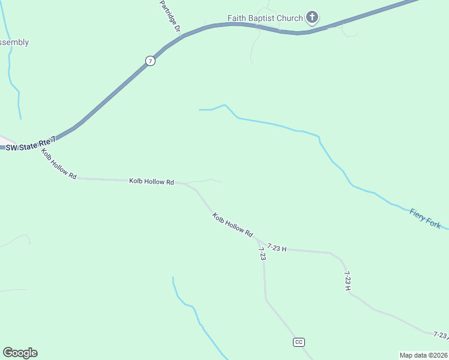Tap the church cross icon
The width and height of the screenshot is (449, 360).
(312, 17)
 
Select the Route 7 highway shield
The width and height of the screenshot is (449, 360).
(150, 61)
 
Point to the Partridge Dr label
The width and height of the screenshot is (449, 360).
(170, 16)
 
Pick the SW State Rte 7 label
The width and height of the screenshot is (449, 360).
(31, 144)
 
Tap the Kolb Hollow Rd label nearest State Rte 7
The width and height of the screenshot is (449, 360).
(59, 164)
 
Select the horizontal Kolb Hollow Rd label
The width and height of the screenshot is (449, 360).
(151, 181)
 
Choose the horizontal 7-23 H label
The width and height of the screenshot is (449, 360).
(277, 247)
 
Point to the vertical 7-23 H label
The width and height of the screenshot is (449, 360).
(348, 281)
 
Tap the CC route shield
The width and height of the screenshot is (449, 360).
(299, 342)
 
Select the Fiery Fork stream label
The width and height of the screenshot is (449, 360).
(425, 218)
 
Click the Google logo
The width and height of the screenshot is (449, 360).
(20, 353)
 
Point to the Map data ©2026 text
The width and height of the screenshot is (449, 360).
(423, 355)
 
